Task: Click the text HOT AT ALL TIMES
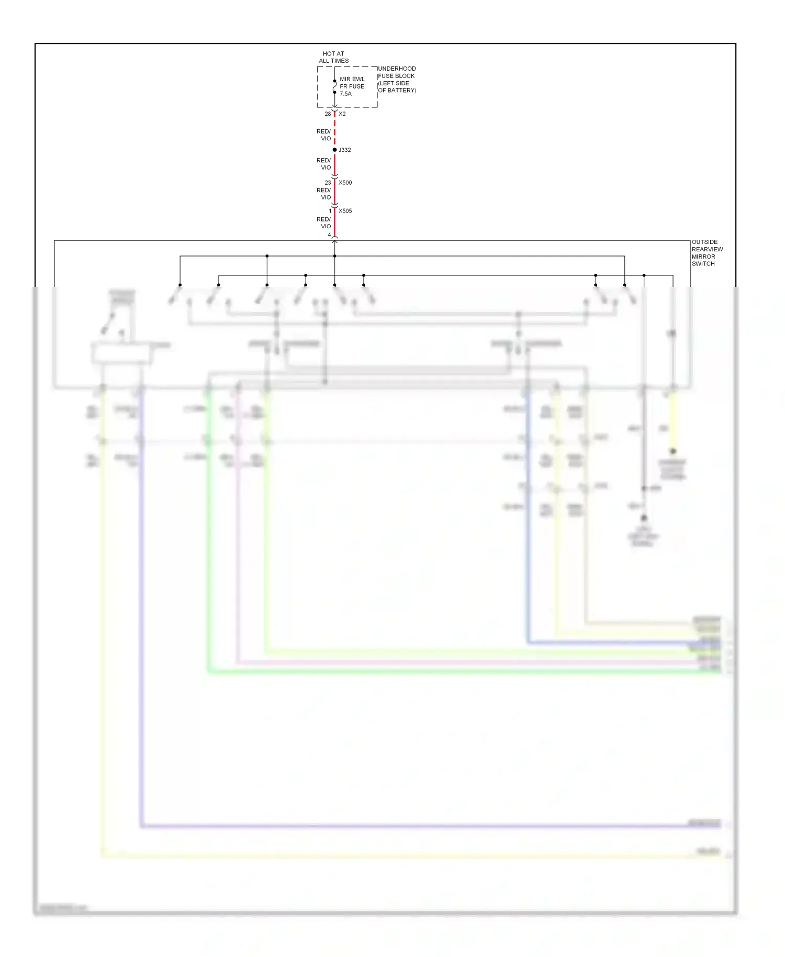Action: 333,57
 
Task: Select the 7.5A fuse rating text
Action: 345,94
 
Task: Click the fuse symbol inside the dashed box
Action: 334,87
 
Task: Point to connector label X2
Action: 342,114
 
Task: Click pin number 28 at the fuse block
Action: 328,114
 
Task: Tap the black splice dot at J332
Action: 334,150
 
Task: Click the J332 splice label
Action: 345,150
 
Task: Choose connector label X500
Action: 345,183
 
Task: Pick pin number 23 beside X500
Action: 328,183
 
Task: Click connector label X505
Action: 345,211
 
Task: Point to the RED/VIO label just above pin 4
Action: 324,222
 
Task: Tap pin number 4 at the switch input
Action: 329,235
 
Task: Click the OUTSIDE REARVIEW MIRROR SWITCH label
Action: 707,253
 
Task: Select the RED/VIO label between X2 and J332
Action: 324,135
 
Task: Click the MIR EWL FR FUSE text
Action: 352,83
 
